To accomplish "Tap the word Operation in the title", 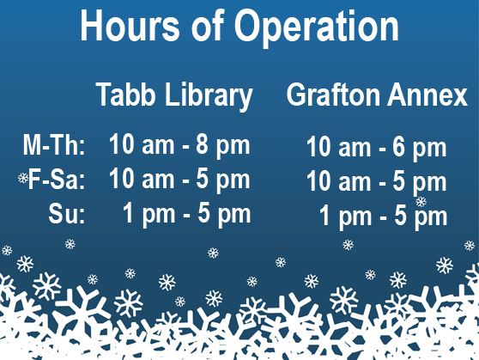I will pos(329,27).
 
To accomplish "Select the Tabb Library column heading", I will pos(174,95).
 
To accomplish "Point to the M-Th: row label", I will pos(54,146).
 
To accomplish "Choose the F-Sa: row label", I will pos(57,180).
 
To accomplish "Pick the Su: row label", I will pos(66,214).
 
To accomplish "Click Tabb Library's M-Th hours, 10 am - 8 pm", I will pos(179,145).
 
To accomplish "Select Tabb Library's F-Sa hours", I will pos(179,180).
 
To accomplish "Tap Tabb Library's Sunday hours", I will pos(186,213).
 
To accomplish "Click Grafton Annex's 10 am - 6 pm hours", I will pos(376,149).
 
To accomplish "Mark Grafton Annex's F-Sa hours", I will pos(376,182).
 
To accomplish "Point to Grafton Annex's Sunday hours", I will pos(383,216).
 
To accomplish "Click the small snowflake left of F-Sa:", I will pos(23,179).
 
